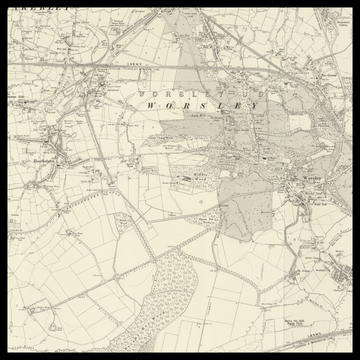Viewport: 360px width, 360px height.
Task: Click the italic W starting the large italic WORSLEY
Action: pos(150,105)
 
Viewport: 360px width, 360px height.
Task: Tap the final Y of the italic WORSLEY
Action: pos(266,105)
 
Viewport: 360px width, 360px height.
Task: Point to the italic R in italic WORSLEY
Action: pos(189,105)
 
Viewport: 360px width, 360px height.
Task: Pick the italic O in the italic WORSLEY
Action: pos(169,105)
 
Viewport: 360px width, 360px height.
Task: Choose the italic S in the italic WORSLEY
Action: pos(208,105)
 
